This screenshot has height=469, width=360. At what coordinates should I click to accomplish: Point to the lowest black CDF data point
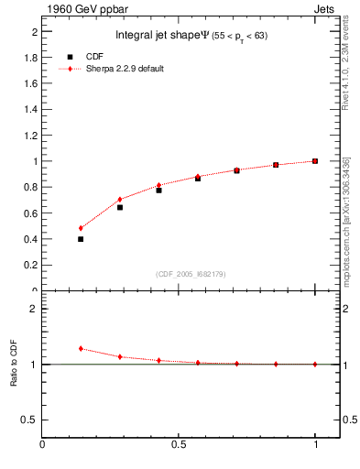click(x=81, y=239)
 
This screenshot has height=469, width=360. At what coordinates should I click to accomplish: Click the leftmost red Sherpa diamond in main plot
click(x=81, y=228)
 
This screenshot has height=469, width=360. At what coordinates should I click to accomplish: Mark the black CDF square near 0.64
click(x=120, y=207)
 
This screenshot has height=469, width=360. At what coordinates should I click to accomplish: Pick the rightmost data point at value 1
click(x=315, y=161)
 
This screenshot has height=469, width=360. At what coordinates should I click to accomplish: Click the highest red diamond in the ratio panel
click(x=81, y=348)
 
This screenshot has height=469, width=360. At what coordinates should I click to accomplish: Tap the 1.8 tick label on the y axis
click(x=32, y=57)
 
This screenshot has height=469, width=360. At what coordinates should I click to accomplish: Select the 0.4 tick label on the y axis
click(x=32, y=239)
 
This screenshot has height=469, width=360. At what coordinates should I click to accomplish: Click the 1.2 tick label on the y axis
click(x=32, y=135)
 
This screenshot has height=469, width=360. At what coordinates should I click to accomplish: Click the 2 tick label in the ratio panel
click(x=34, y=309)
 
